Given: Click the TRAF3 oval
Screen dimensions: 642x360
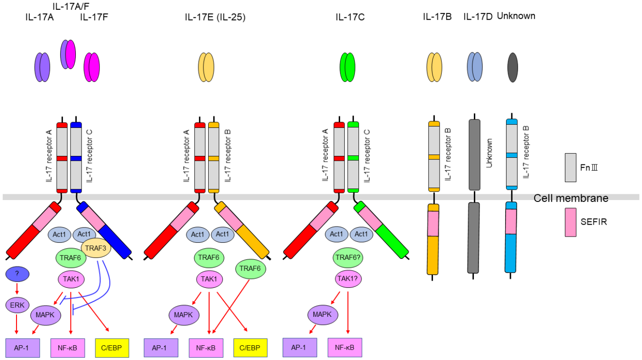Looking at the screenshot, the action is [x=96, y=248].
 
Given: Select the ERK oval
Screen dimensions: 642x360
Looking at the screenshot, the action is [x=17, y=305].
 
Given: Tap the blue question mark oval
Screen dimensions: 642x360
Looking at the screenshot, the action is [x=17, y=274].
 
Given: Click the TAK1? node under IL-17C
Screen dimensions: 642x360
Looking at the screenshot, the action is [x=348, y=278].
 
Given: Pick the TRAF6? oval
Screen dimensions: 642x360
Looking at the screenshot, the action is [x=348, y=258].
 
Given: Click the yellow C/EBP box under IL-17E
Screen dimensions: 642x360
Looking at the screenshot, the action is [x=250, y=348].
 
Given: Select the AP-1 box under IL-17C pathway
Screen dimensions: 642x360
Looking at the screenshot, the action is [x=300, y=348].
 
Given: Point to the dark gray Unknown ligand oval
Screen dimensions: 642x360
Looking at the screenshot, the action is [x=512, y=67].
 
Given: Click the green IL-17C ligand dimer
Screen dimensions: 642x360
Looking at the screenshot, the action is [x=347, y=67].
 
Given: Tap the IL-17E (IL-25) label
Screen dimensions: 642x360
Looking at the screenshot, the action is [x=215, y=17].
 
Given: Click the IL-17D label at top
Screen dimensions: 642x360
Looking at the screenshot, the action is [x=478, y=17].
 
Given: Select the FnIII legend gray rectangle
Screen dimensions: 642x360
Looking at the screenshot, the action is [x=570, y=168].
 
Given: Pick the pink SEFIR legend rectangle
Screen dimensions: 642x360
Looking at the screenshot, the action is [x=570, y=222].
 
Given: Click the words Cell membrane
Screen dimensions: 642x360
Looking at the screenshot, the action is [x=571, y=198].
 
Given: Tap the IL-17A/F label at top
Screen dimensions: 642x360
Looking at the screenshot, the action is [x=71, y=6].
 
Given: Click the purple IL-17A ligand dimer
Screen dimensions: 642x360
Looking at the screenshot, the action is [x=42, y=67].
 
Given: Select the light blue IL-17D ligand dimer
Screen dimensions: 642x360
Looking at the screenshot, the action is [x=475, y=67].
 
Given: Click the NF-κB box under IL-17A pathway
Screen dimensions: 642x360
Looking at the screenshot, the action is [x=68, y=348].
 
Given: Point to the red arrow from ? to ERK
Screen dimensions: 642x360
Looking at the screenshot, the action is [x=17, y=288].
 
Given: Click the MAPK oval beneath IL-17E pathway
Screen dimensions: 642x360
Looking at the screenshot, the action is [x=184, y=315].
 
